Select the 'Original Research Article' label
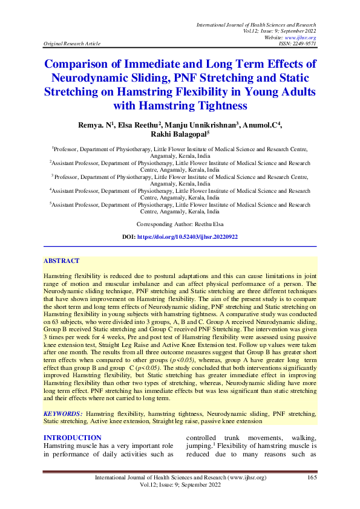[72, 44]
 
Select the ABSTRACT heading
[61, 261]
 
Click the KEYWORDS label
[63, 413]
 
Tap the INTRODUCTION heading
[72, 438]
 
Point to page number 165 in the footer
[312, 478]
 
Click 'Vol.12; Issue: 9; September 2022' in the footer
[180, 485]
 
